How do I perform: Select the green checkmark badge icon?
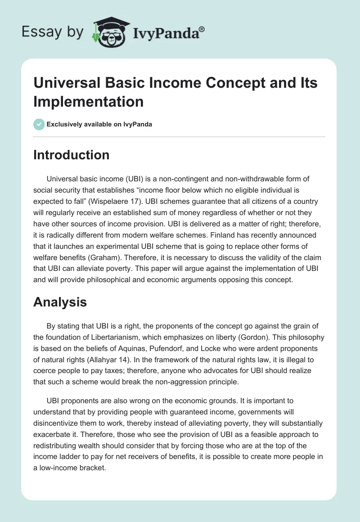tap(39, 124)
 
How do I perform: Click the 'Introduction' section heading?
tap(71, 155)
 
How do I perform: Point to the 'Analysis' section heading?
tap(60, 302)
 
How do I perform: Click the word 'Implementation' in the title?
tap(89, 101)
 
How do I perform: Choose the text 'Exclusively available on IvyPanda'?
tap(99, 124)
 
